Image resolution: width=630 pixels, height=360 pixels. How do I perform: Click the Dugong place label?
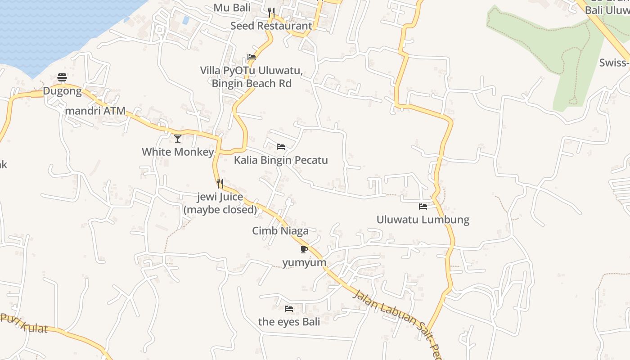[62, 91]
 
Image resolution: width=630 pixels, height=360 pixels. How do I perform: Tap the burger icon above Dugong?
[62, 78]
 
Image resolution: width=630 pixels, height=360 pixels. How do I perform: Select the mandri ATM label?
[95, 111]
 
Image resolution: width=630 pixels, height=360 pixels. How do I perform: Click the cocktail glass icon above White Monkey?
[178, 138]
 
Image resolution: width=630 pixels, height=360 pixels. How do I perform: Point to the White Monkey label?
[178, 152]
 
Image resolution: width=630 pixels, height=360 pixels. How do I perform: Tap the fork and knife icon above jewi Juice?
[220, 183]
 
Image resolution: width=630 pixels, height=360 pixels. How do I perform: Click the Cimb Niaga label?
[280, 231]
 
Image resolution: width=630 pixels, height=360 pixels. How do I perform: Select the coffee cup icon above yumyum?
[304, 249]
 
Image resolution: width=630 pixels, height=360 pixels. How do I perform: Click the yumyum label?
[304, 262]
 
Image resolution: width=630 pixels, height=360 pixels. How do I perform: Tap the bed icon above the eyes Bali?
[289, 308]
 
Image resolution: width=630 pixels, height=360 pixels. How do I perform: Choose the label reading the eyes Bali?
[289, 322]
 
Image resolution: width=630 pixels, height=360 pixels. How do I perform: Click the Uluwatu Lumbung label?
[423, 220]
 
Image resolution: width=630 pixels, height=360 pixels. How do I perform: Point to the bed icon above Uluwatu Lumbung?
[423, 207]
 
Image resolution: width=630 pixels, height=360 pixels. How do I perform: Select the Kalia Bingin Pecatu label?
[281, 160]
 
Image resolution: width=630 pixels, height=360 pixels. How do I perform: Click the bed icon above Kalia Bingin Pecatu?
[281, 147]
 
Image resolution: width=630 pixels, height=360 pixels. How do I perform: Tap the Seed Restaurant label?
[271, 26]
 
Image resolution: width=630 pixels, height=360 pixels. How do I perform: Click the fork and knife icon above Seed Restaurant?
[271, 12]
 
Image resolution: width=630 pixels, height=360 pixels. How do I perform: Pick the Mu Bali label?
[232, 8]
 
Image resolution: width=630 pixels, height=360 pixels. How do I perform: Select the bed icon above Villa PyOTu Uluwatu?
[252, 57]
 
